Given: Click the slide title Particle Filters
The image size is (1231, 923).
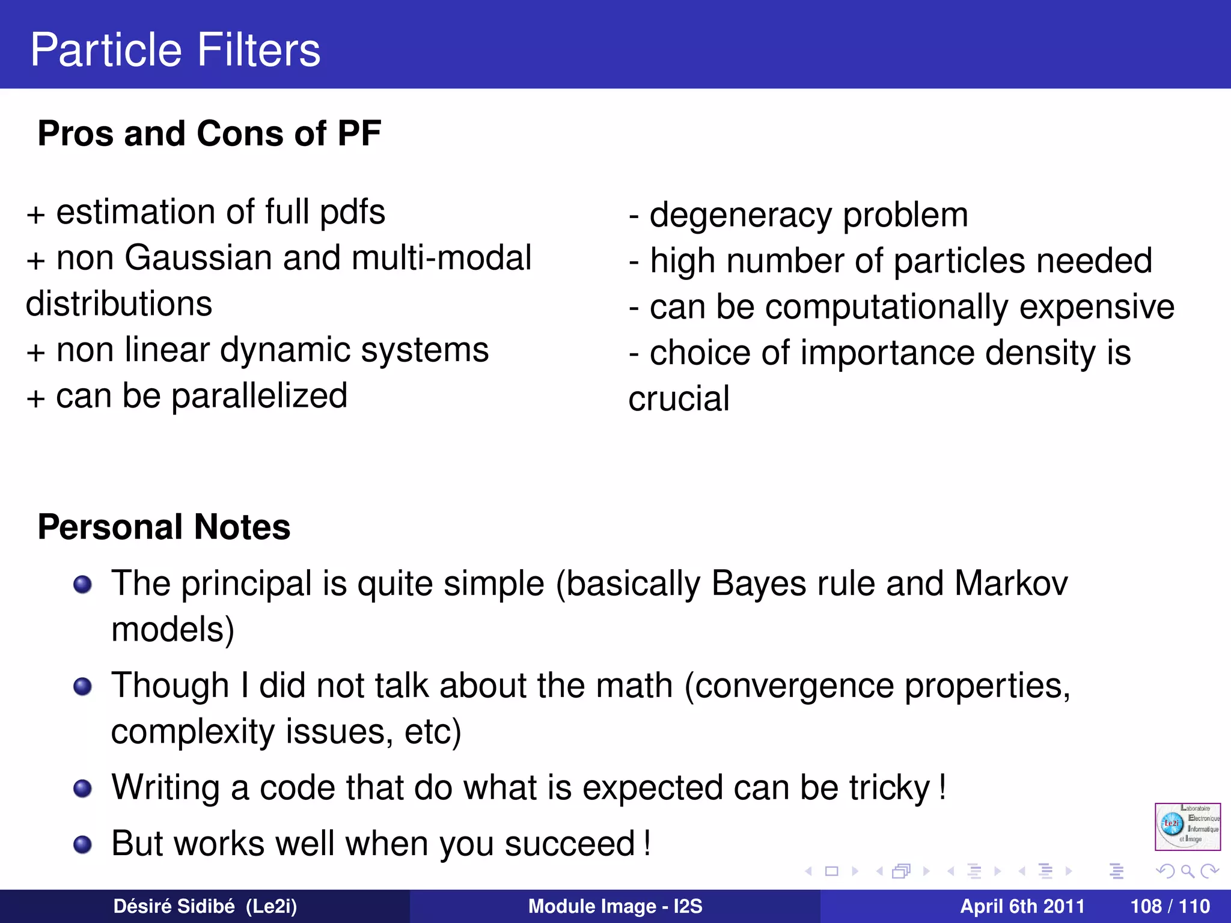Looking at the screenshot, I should coord(175,49).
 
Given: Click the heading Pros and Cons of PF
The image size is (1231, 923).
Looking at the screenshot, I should coord(209,133).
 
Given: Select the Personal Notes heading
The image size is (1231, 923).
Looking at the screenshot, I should coord(163,527).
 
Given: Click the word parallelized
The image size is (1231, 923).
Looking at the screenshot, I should coord(259,397).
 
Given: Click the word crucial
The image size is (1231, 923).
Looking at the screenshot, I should coord(679,399).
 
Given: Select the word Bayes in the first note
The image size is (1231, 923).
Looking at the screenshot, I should coord(759,584).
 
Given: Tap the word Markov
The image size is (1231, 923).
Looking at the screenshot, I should coord(1011,584).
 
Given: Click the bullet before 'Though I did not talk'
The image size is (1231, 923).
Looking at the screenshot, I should coord(82,686).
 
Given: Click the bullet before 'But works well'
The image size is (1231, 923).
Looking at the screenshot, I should coord(82,844).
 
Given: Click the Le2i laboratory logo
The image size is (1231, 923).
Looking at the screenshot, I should coord(1187,827).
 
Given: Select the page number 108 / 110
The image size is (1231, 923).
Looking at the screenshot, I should coord(1170,906).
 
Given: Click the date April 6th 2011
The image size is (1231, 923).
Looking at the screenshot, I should coord(1022,906).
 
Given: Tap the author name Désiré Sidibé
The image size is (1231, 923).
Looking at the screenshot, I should coord(174,906).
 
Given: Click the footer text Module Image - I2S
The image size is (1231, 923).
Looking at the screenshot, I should coord(615,906).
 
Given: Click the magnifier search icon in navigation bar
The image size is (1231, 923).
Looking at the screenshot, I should coord(1187,871).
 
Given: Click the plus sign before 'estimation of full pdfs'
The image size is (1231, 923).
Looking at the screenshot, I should coord(35,215).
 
